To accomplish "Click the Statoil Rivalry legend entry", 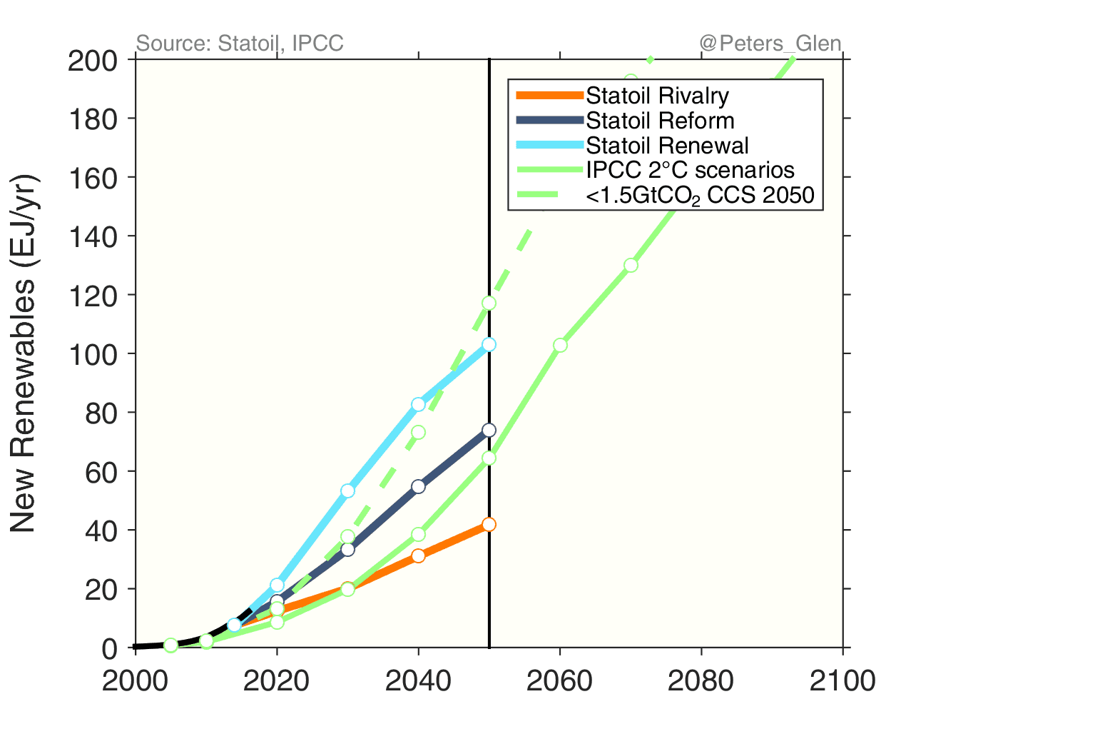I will [x=657, y=96].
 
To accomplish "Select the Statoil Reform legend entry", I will [x=660, y=121].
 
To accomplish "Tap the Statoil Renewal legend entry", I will [x=667, y=146].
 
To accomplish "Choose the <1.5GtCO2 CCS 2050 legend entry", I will [x=699, y=195].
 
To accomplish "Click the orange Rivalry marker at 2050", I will [x=489, y=525].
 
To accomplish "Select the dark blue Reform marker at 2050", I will [x=489, y=430].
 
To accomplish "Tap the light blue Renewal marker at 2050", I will [x=489, y=345].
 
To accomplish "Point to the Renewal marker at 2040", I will [x=418, y=404].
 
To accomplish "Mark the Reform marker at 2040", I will [x=418, y=486].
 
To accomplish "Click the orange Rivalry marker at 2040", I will [x=418, y=556].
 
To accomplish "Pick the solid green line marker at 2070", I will [x=631, y=265].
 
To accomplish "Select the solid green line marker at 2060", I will [x=560, y=345].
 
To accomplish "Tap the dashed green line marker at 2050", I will [x=489, y=303].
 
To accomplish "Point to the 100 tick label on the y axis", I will [x=92, y=355].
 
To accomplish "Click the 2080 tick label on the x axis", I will [x=701, y=681].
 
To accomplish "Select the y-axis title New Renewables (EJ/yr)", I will [x=24, y=353].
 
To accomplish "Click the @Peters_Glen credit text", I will [x=770, y=44].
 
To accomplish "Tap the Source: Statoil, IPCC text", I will [x=240, y=44].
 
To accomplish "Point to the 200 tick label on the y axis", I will [x=92, y=61].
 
